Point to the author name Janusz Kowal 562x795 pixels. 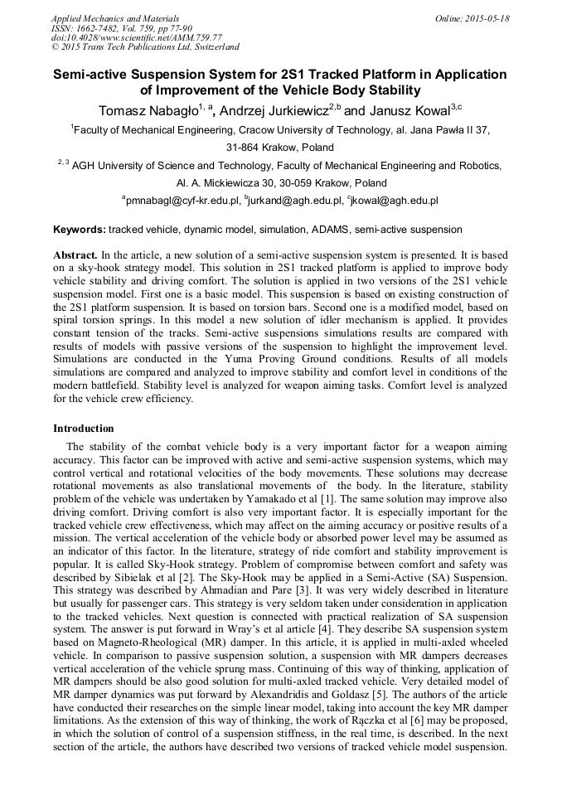[x=407, y=111]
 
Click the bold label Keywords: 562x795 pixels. [x=80, y=229]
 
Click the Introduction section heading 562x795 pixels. [x=84, y=429]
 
